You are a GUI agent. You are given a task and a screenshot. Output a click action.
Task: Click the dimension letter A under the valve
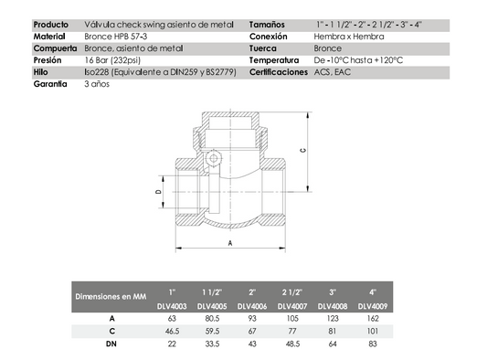(230, 243)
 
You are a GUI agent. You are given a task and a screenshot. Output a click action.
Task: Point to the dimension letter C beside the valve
(302, 151)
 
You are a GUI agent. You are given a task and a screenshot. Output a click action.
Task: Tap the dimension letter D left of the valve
(158, 192)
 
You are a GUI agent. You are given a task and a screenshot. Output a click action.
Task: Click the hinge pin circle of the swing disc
(214, 158)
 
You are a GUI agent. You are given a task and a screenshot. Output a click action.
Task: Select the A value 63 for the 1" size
(172, 318)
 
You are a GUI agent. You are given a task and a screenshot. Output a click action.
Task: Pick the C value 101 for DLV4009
(373, 331)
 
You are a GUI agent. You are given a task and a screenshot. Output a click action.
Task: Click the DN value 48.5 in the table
(292, 344)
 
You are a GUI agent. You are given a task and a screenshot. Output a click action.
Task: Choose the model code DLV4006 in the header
(252, 306)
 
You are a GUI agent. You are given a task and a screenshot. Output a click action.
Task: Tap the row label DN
(111, 344)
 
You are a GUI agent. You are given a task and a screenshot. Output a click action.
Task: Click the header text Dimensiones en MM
(111, 296)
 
